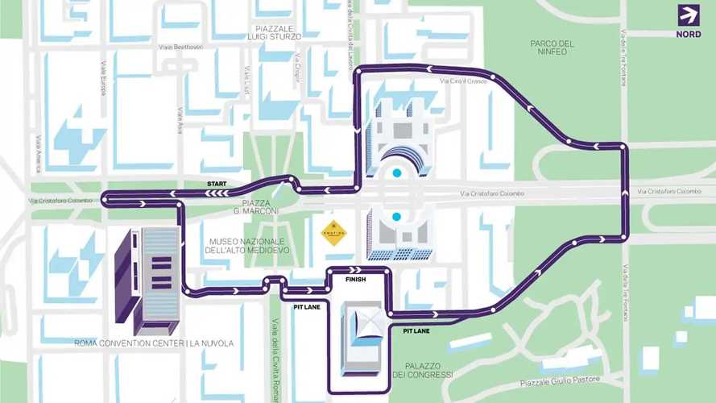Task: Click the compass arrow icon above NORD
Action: (x=689, y=16)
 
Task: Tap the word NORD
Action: (x=689, y=34)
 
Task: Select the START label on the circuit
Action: (x=217, y=184)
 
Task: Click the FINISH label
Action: (x=355, y=279)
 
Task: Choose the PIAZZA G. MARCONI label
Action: (x=255, y=207)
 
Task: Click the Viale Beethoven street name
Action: (x=180, y=47)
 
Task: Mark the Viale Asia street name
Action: (x=180, y=121)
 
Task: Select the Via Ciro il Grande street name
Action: (x=465, y=81)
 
